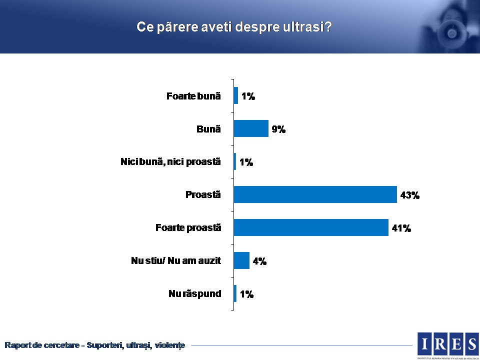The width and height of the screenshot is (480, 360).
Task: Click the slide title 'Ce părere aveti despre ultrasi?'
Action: [x=234, y=27]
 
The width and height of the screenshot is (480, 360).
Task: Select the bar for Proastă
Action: [x=315, y=194]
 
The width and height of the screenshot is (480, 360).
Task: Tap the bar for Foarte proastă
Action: [x=310, y=227]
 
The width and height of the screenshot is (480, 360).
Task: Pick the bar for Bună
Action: [x=251, y=128]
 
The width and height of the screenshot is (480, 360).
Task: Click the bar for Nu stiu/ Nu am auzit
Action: [x=241, y=260]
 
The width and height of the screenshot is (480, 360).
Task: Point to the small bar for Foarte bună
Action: [x=236, y=95]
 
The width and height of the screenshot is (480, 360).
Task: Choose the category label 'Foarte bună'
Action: [x=193, y=96]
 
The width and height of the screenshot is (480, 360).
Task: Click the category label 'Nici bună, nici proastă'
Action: [x=170, y=162]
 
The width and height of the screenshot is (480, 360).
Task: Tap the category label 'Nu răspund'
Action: [x=194, y=293]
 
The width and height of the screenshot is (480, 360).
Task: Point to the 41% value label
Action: [x=401, y=228]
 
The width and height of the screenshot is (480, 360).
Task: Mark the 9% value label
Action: [x=278, y=129]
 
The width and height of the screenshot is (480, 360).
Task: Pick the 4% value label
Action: [x=259, y=261]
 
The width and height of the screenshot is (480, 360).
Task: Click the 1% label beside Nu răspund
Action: [x=246, y=294]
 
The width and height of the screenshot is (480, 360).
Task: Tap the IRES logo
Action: [x=448, y=343]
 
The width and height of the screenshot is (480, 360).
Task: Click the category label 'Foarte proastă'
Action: [x=188, y=227]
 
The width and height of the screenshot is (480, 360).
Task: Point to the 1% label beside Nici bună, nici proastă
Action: [x=246, y=162]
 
